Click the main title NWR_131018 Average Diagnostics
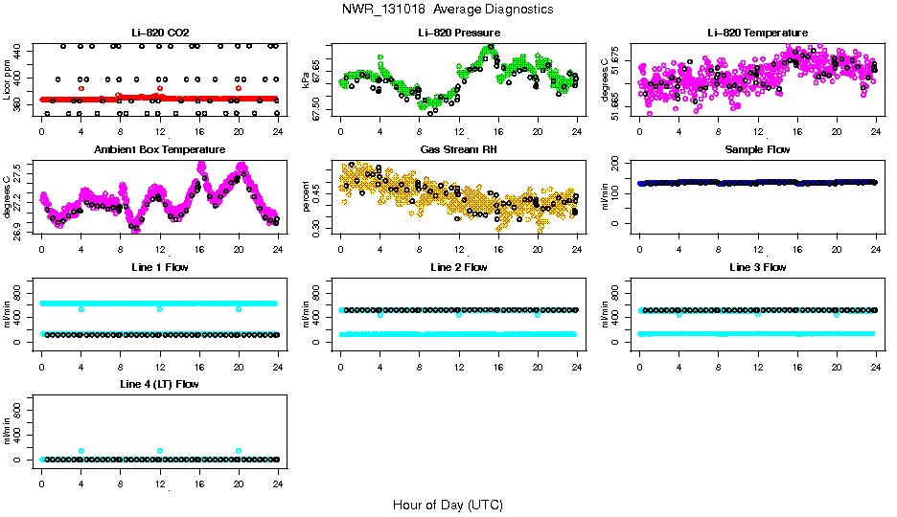[448, 10]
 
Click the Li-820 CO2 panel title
[159, 33]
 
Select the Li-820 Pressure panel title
[458, 33]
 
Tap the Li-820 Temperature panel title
[757, 33]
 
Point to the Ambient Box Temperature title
[159, 150]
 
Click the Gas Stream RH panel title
[458, 150]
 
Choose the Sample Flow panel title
[757, 150]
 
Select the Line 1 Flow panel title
[159, 267]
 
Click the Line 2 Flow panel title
[458, 267]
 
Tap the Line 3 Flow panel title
[757, 267]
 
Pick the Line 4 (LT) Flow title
[159, 384]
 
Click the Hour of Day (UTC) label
[448, 505]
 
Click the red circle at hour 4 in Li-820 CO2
[81, 88]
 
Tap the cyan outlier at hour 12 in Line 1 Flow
[160, 309]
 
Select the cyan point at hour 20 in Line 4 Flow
[239, 451]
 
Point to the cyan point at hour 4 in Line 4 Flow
[81, 451]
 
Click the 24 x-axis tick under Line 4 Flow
[278, 475]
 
